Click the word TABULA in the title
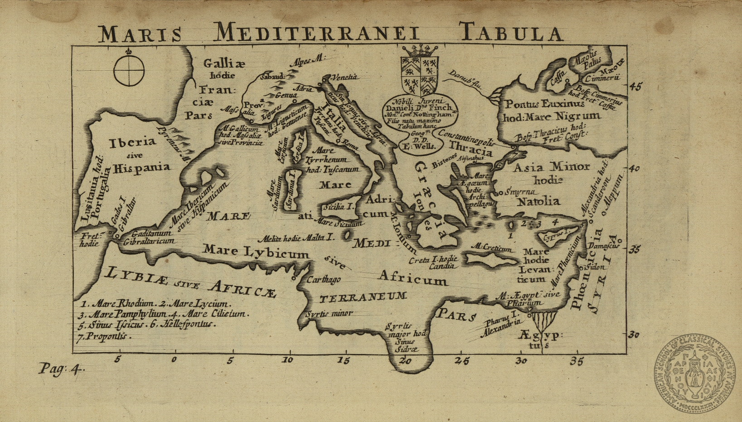point(511,33)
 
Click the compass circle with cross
point(129,71)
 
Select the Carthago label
point(324,280)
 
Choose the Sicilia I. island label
point(339,206)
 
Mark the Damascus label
point(604,246)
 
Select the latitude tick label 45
point(635,86)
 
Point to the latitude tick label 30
point(633,335)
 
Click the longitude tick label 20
point(405,361)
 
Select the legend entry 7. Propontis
point(103,336)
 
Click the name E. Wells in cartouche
point(419,146)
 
